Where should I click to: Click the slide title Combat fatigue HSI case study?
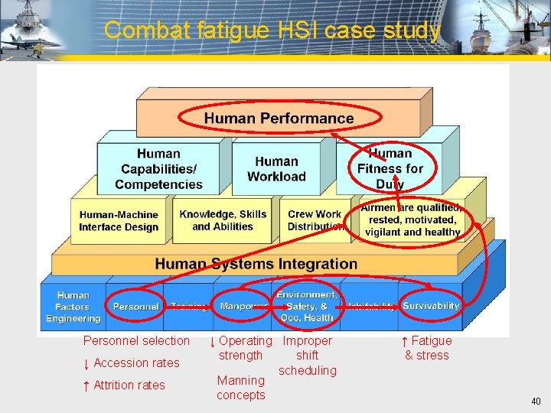pos(272,31)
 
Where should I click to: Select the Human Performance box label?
pos(279,118)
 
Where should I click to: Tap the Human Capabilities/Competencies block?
pos(158,169)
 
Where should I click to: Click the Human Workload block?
pos(276,169)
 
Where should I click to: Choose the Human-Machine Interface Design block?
pos(119,221)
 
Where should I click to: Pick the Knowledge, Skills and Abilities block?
pos(222,220)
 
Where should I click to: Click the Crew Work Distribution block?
pos(315,220)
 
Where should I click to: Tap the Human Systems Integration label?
pos(256,264)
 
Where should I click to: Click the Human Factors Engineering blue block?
pos(73,307)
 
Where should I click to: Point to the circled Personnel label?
pos(135,307)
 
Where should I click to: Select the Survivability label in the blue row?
pos(431,306)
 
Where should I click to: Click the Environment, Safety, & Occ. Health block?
pos(307,306)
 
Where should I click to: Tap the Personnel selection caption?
pos(136,340)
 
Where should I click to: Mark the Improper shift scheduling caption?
pos(307,356)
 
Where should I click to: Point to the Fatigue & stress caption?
pos(427,348)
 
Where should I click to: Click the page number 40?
pos(536,402)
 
